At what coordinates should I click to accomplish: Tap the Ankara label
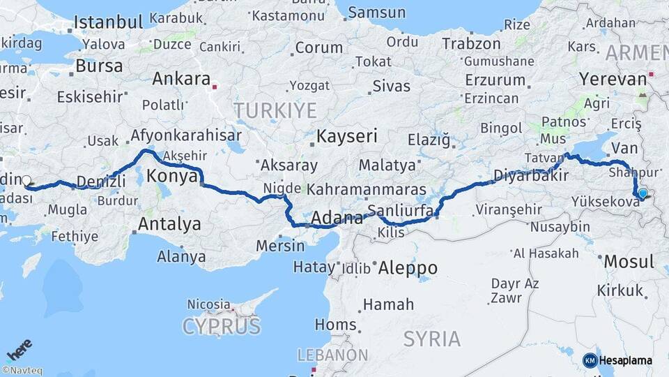181,78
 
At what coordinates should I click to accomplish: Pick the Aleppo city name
407,267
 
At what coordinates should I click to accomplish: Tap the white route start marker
26,181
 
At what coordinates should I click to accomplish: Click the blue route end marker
642,194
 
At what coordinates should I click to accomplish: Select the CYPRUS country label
222,326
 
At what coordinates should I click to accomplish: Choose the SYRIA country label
432,339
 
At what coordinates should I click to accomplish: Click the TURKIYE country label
275,110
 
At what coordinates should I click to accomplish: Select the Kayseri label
347,135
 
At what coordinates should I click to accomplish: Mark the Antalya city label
169,224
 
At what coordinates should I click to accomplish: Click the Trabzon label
470,43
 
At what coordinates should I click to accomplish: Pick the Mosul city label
629,262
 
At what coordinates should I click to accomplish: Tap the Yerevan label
613,79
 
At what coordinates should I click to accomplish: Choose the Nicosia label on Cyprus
208,304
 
